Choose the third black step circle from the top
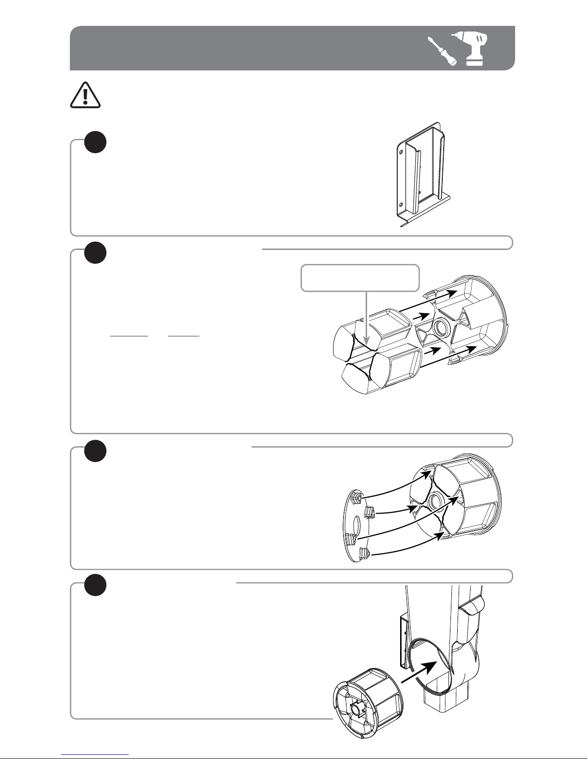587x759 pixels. pyautogui.click(x=95, y=450)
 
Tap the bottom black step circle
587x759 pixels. pyautogui.click(x=95, y=585)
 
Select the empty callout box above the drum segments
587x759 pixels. pyautogui.click(x=360, y=278)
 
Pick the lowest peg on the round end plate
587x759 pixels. pyautogui.click(x=365, y=555)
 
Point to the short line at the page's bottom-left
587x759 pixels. pyautogui.click(x=95, y=754)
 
